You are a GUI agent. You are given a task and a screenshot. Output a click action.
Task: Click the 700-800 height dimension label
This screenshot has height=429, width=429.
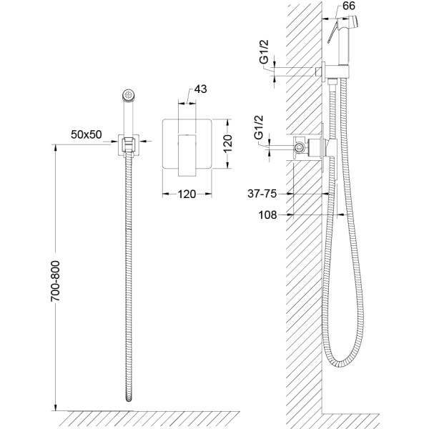pyautogui.click(x=55, y=281)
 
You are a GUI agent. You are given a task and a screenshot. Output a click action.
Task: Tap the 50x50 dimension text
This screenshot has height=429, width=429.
pyautogui.click(x=87, y=134)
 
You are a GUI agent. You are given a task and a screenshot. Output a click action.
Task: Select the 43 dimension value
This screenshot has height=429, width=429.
pyautogui.click(x=200, y=89)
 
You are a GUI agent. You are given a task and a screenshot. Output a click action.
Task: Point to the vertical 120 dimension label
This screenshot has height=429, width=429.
pyautogui.click(x=227, y=144)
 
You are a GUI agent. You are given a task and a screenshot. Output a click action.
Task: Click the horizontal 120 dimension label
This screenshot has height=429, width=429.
pyautogui.click(x=187, y=194)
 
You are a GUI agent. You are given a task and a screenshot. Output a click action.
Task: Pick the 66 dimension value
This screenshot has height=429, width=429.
pyautogui.click(x=349, y=6)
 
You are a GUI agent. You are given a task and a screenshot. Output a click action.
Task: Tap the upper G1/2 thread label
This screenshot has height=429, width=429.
pyautogui.click(x=265, y=52)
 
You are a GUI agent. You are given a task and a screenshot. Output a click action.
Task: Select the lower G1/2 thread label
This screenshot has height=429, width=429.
pyautogui.click(x=259, y=127)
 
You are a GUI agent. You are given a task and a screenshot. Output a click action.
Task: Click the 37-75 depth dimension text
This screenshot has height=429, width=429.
pyautogui.click(x=262, y=194)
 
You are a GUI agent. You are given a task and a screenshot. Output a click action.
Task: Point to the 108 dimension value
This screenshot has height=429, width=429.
pyautogui.click(x=267, y=215)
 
